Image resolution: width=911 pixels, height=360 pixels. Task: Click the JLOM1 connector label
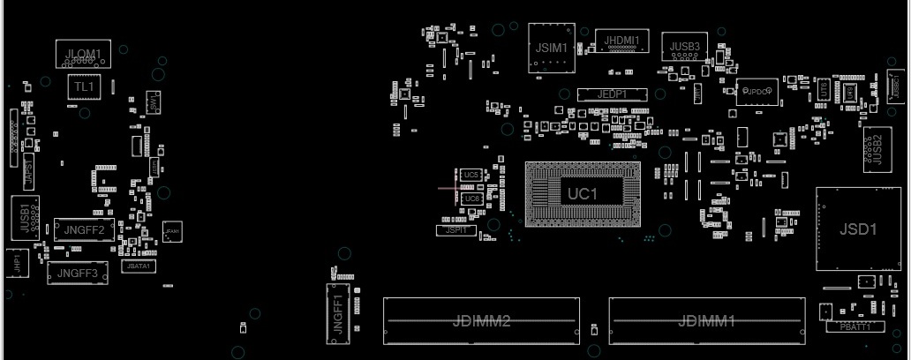[83, 55]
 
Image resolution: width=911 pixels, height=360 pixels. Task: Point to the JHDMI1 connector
[621, 40]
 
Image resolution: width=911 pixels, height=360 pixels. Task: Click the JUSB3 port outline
[684, 47]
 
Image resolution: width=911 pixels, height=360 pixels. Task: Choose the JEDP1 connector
[612, 94]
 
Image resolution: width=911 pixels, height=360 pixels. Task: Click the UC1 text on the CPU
[583, 193]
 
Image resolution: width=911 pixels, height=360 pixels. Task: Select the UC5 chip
[471, 176]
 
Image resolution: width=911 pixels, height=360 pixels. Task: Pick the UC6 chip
[471, 199]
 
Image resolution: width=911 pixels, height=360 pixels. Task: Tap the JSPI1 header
[456, 229]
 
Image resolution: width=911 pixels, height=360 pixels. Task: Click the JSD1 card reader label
[857, 229]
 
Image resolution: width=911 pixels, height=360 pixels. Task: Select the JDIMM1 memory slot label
[706, 320]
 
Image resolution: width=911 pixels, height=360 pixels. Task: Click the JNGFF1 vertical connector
[338, 312]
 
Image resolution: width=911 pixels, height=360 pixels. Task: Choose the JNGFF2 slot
[85, 231]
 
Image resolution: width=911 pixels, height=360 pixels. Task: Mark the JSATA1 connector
[139, 266]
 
